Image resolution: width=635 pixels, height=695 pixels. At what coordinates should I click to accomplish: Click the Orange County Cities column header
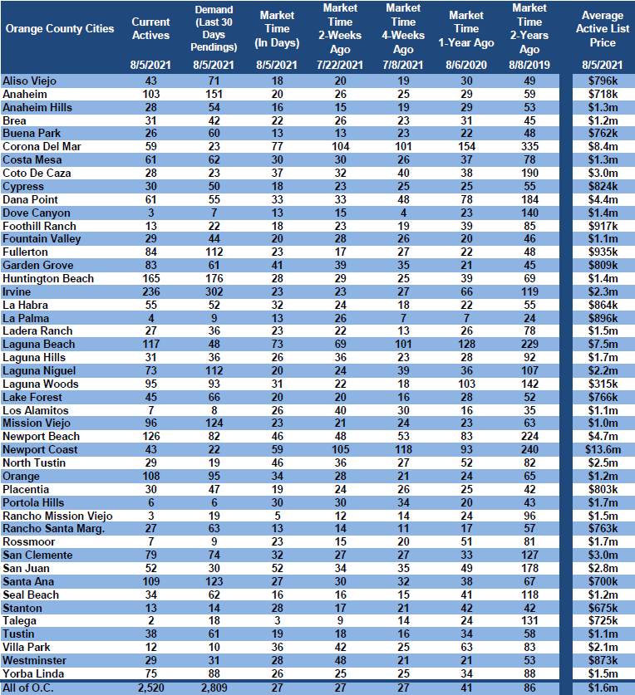pyautogui.click(x=60, y=29)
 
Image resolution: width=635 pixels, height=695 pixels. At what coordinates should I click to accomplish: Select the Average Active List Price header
pyautogui.click(x=603, y=29)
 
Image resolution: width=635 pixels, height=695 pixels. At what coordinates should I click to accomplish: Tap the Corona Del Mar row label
pyautogui.click(x=42, y=147)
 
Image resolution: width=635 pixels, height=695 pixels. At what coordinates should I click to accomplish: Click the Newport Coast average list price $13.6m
pyautogui.click(x=603, y=450)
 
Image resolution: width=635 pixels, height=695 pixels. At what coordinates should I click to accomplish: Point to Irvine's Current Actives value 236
pyautogui.click(x=151, y=292)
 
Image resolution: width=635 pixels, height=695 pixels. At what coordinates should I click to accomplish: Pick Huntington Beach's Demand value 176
pyautogui.click(x=214, y=279)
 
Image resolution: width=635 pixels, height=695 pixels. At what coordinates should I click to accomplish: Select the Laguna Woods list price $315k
pyautogui.click(x=603, y=384)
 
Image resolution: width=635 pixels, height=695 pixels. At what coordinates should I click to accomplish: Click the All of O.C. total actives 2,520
pyautogui.click(x=151, y=688)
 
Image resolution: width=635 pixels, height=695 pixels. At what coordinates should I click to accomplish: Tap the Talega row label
pyautogui.click(x=19, y=621)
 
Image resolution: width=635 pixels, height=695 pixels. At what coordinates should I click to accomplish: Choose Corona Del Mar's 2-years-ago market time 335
pyautogui.click(x=529, y=147)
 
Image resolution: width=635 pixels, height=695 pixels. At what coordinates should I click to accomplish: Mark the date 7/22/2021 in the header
pyautogui.click(x=340, y=65)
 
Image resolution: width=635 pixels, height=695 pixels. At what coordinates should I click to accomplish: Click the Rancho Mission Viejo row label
pyautogui.click(x=57, y=516)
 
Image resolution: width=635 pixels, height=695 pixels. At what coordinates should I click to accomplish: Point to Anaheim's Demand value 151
pyautogui.click(x=214, y=95)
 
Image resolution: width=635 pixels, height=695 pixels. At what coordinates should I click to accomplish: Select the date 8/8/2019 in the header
pyautogui.click(x=529, y=65)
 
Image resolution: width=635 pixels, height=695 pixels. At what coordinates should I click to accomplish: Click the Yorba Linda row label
pyautogui.click(x=33, y=674)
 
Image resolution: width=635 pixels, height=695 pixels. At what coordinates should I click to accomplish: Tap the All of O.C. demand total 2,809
pyautogui.click(x=214, y=688)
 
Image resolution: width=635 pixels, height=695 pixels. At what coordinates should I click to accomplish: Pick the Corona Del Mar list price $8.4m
pyautogui.click(x=603, y=147)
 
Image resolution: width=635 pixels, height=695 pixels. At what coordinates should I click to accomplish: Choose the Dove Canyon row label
pyautogui.click(x=37, y=213)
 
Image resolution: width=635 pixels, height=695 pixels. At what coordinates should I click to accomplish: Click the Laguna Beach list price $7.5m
pyautogui.click(x=603, y=345)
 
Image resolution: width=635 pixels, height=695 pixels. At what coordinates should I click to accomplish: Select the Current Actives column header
pyautogui.click(x=151, y=29)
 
